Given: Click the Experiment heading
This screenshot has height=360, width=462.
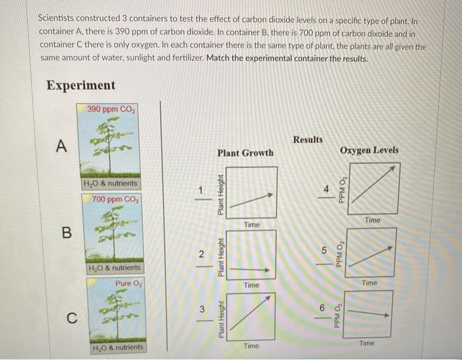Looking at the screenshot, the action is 81,86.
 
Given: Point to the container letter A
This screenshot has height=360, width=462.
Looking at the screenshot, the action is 61,147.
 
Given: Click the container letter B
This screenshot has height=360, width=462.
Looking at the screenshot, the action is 65,232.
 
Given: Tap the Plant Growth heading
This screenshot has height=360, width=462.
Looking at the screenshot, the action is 245,153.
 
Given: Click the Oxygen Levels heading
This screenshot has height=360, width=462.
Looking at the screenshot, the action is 369,150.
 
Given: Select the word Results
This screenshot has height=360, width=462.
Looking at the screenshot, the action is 308,139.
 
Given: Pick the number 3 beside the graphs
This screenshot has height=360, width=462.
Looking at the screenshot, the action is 203,310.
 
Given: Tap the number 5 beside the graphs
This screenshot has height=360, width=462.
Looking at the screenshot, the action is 324,251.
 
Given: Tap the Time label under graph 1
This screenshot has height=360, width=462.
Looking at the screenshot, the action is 251,225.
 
